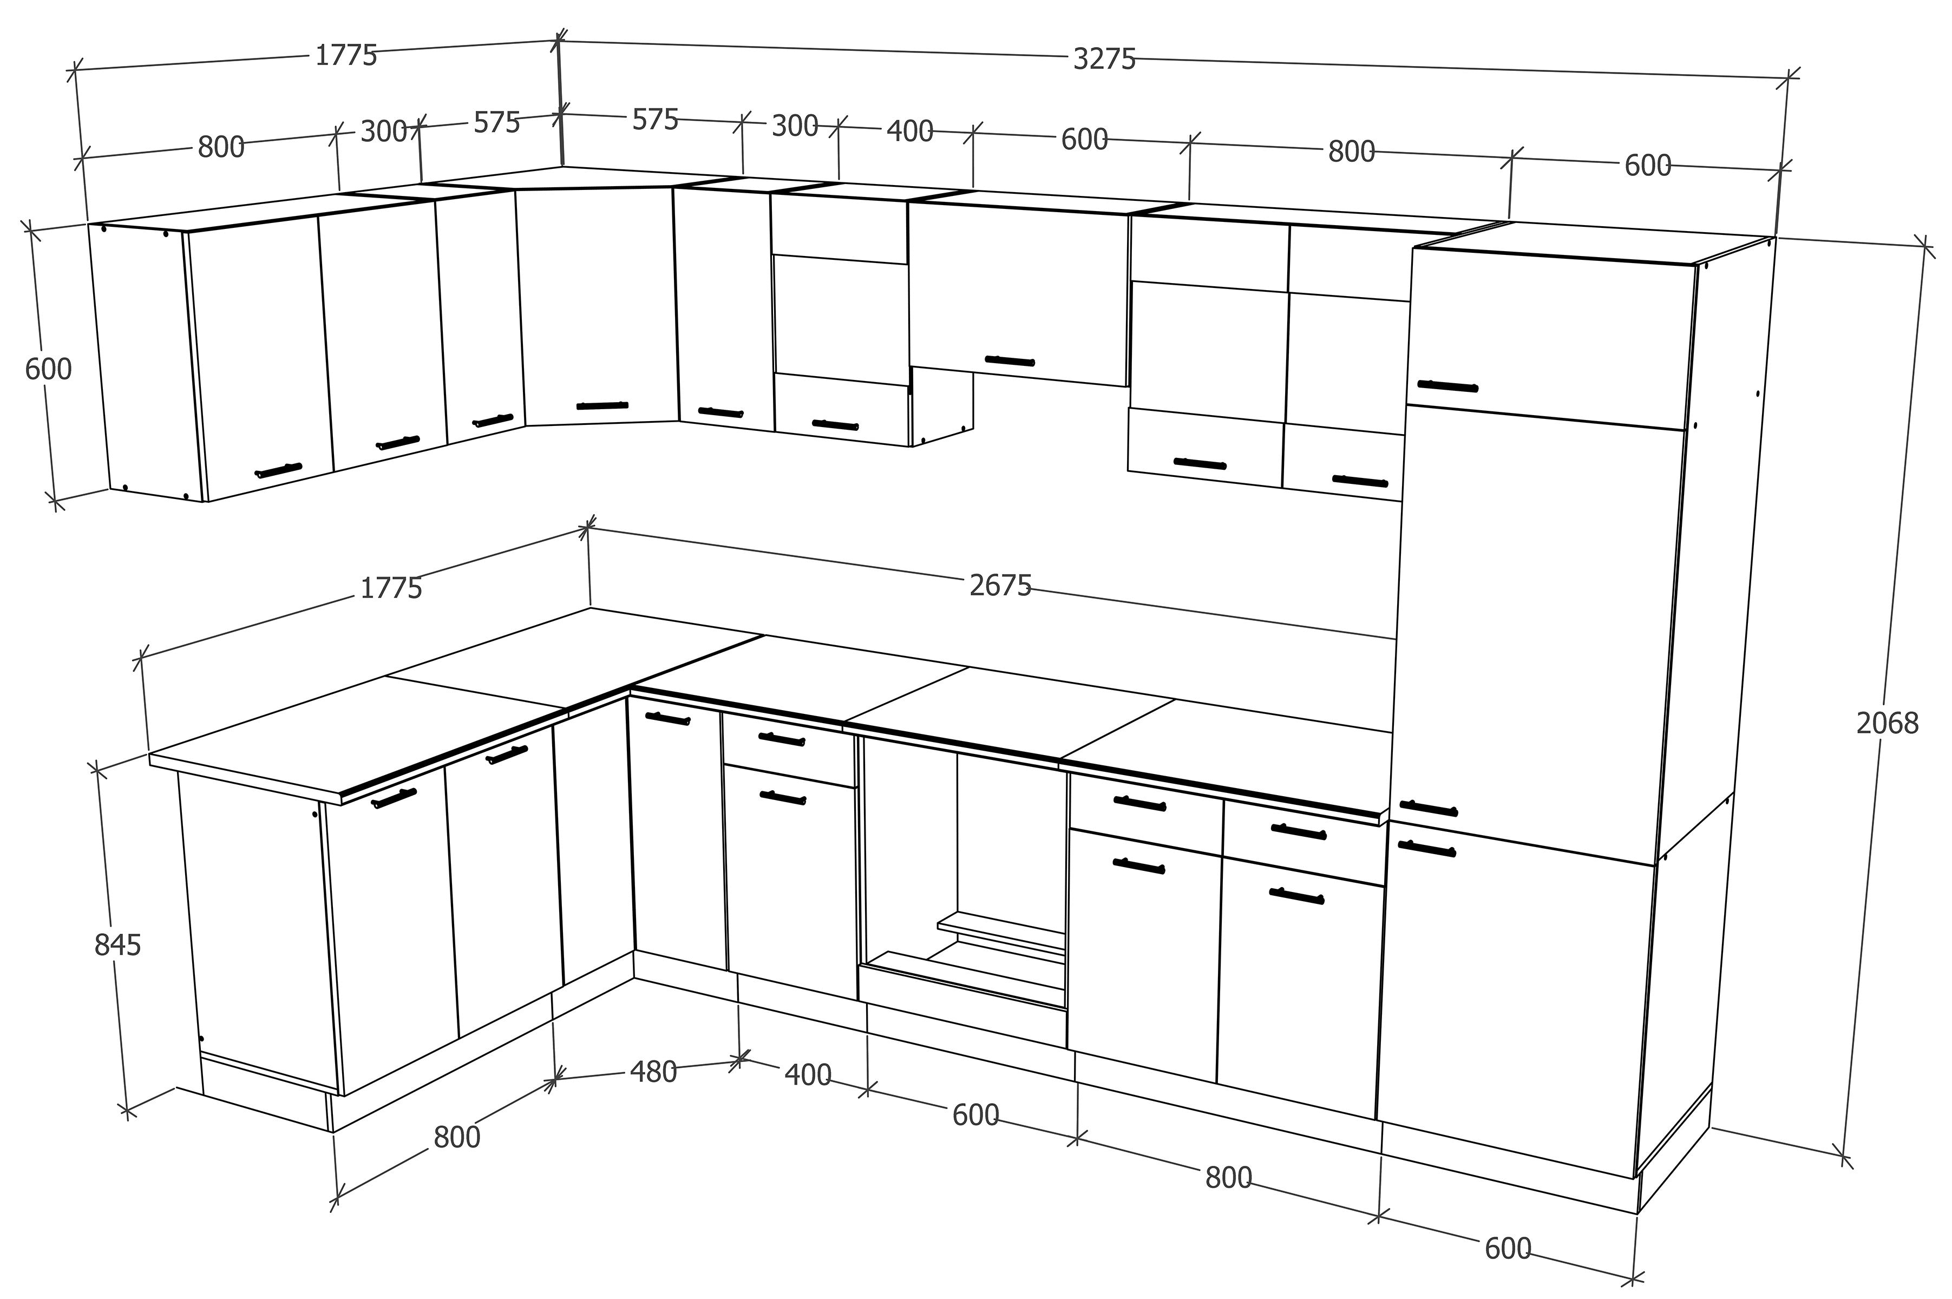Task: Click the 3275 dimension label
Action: coord(1104,59)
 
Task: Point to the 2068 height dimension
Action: coord(1887,723)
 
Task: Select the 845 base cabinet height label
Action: coord(117,944)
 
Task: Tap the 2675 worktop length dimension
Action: coord(1000,586)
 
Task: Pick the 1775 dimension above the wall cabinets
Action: coord(346,56)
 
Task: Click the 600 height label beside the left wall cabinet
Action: coord(48,369)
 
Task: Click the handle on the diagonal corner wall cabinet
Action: coord(602,406)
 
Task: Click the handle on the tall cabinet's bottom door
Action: coord(1427,848)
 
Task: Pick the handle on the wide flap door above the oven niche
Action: coord(1010,360)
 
